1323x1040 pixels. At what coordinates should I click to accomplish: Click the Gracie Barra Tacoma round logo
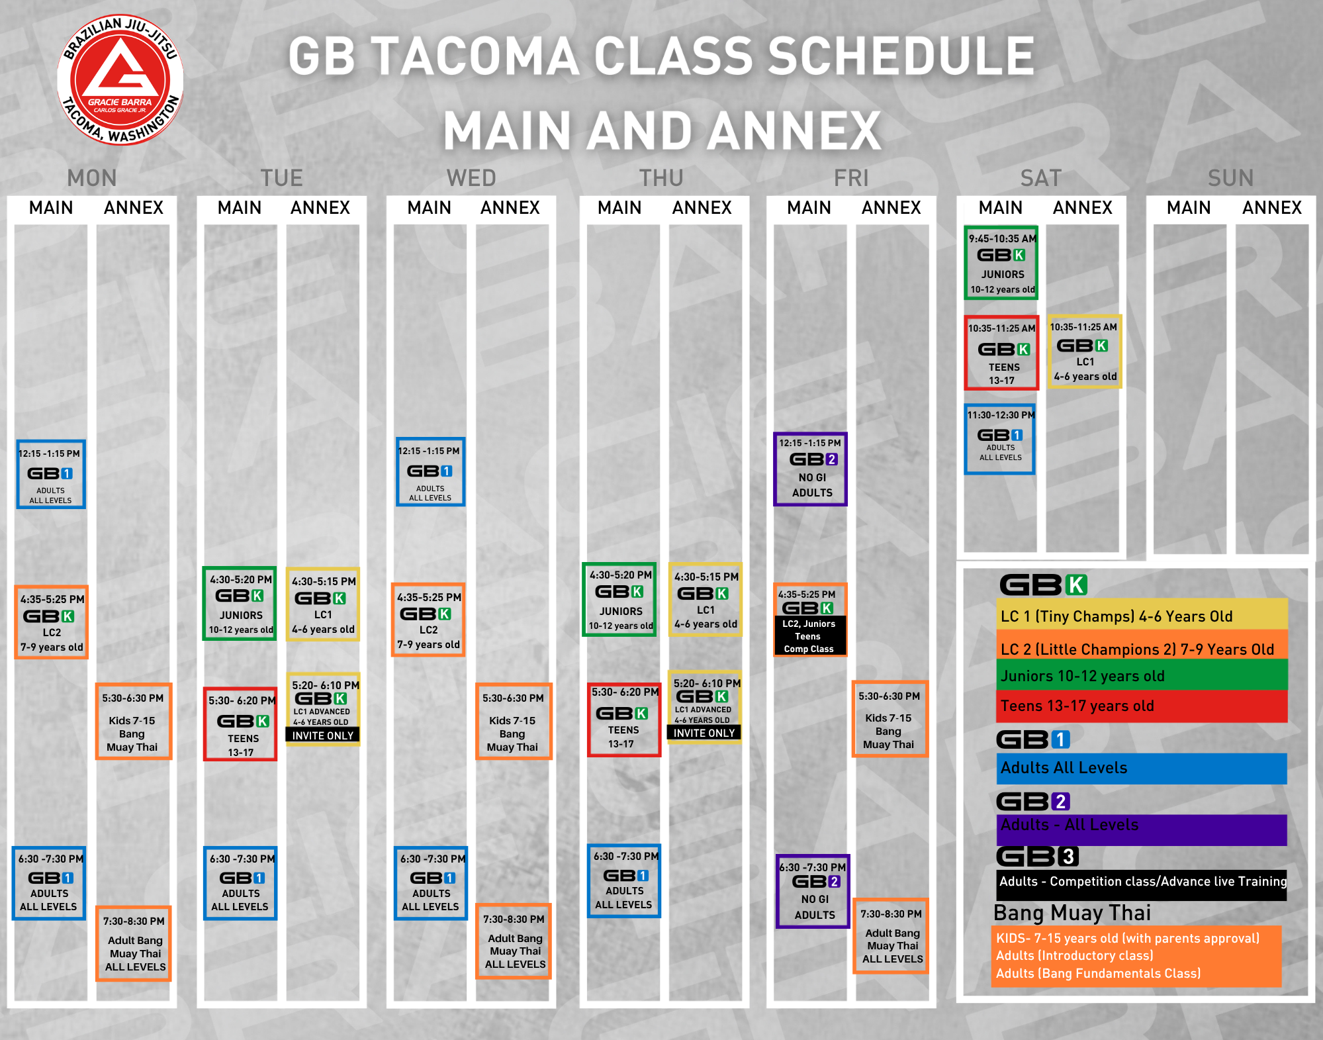coord(120,79)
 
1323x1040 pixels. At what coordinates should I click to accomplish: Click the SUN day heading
coord(1230,178)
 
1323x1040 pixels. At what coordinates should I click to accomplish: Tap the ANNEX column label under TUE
coord(320,208)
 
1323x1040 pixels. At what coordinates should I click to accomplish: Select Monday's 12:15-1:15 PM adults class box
coord(51,475)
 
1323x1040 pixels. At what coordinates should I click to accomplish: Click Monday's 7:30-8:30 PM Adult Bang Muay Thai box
coord(134,944)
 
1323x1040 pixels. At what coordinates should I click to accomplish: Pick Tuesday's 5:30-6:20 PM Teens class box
coord(240,724)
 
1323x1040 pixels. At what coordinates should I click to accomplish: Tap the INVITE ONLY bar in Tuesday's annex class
coord(323,735)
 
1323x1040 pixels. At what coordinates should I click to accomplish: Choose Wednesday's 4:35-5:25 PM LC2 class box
coord(429,620)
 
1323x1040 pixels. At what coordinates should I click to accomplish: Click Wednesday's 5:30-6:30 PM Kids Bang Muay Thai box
coord(513,722)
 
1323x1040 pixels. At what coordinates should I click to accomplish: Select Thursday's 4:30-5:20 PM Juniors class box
coord(620,600)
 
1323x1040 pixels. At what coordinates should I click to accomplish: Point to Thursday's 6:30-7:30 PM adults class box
coord(624,881)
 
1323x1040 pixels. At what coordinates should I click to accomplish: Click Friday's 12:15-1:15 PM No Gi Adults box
coord(811,469)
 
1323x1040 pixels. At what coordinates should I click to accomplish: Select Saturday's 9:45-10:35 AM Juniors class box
coord(1001,263)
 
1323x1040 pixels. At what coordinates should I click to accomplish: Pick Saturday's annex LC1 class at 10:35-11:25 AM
coord(1085,352)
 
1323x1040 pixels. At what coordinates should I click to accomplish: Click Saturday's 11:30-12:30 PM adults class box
coord(1000,439)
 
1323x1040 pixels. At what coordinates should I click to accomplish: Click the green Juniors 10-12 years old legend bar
coord(1142,676)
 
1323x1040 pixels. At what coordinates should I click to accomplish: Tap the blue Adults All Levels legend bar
coord(1142,768)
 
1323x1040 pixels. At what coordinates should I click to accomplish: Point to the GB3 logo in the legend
coord(1038,857)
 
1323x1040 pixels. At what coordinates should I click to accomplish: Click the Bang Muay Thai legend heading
coord(1072,913)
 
